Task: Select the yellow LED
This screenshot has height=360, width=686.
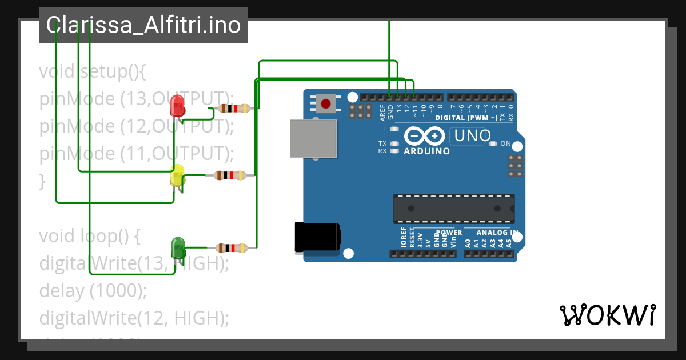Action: pyautogui.click(x=178, y=175)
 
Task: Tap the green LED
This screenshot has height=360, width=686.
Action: pyautogui.click(x=178, y=248)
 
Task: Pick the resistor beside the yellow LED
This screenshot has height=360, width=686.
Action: pyautogui.click(x=230, y=175)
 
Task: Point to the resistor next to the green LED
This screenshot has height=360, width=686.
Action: pyautogui.click(x=232, y=248)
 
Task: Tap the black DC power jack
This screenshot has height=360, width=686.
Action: pyautogui.click(x=317, y=237)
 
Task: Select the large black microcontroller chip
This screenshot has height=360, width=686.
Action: pyautogui.click(x=453, y=209)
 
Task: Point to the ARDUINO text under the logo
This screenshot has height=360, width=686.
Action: pyautogui.click(x=426, y=151)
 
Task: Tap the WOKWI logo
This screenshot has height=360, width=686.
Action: pyautogui.click(x=608, y=315)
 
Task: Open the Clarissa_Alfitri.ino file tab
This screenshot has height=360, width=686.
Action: pyautogui.click(x=143, y=25)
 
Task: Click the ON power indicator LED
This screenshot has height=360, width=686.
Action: pyautogui.click(x=494, y=143)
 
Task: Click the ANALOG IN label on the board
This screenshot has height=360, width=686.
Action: pyautogui.click(x=497, y=233)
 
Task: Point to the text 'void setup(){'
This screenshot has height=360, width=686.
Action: pyautogui.click(x=93, y=72)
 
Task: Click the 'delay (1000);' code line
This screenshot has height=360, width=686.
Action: pyautogui.click(x=93, y=290)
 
